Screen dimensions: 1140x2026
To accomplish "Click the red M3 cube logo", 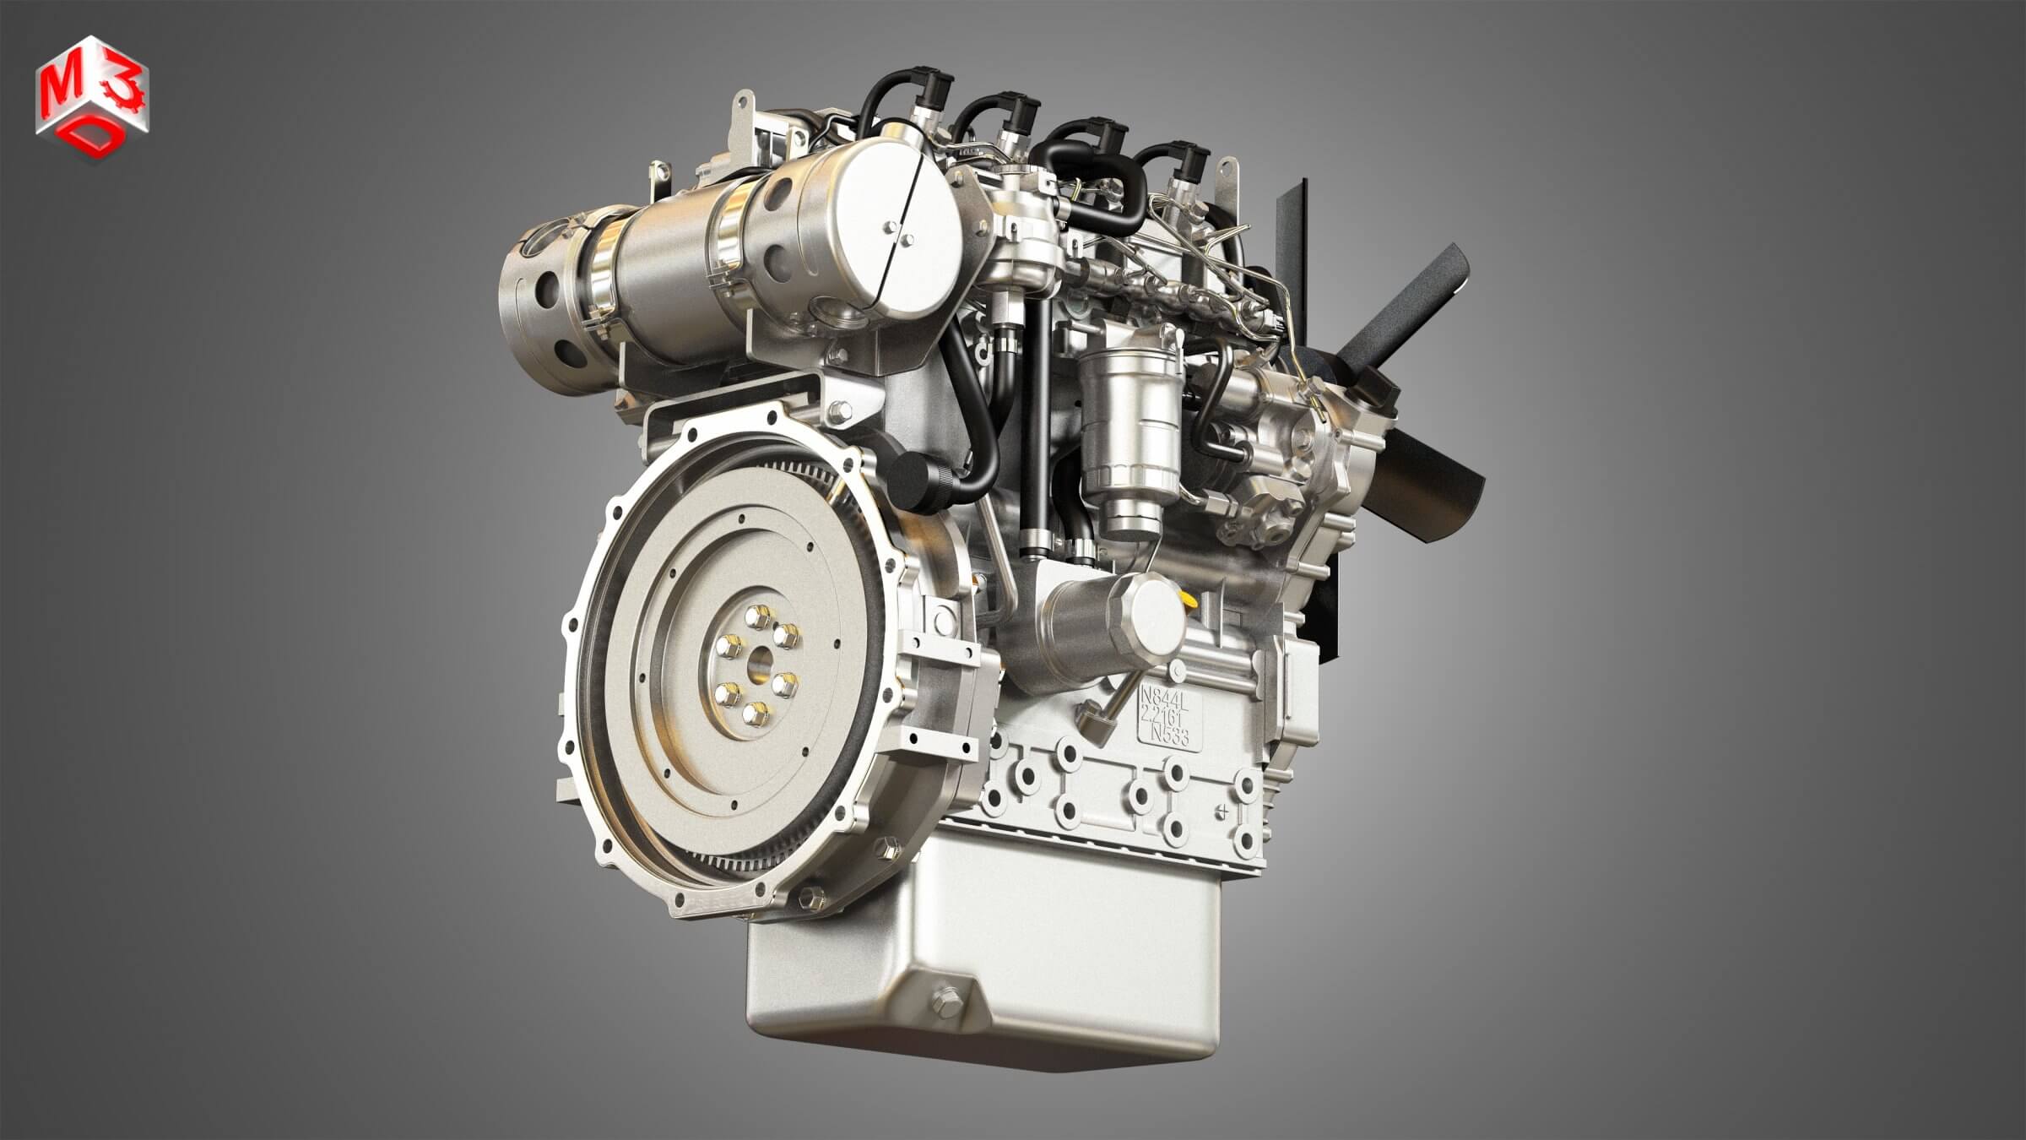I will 92,95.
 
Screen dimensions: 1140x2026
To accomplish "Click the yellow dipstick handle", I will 1191,601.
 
